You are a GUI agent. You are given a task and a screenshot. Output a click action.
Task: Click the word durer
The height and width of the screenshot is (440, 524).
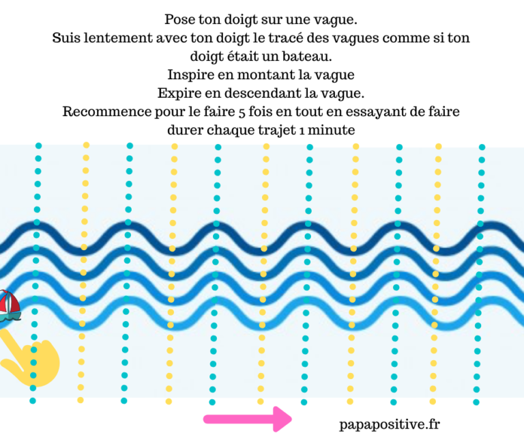point(184,128)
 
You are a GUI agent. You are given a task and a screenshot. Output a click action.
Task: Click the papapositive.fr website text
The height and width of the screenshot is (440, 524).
point(390,424)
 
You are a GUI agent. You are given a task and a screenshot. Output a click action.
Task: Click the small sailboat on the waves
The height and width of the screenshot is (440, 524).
point(8,305)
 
